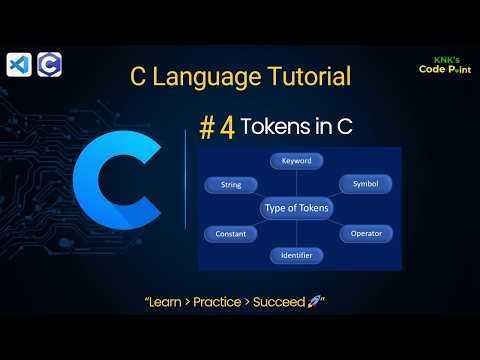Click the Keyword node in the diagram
tap(296, 159)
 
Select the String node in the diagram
tap(230, 184)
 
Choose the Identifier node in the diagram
tap(296, 256)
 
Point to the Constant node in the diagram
tap(231, 233)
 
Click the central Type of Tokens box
tap(296, 208)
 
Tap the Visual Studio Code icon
tap(17, 64)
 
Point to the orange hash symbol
tap(206, 129)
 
